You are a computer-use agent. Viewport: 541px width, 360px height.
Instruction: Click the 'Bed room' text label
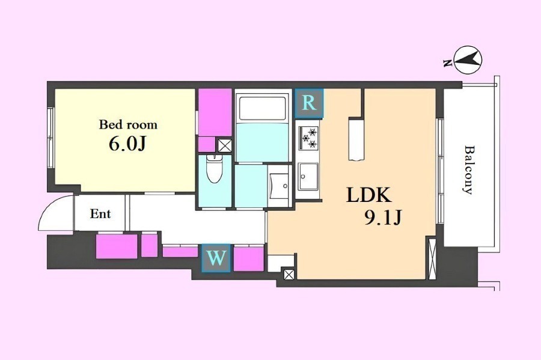[128, 124]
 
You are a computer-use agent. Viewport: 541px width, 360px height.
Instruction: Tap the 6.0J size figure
[127, 144]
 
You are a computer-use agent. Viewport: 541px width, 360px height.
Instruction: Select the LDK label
[369, 195]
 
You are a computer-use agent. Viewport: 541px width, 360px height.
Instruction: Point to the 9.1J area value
[383, 217]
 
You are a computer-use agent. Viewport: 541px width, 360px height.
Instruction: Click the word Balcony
[468, 170]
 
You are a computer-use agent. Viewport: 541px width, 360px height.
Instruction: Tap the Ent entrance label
[100, 214]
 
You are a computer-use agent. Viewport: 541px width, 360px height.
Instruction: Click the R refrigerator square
[309, 103]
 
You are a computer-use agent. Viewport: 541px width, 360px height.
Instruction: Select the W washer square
[216, 258]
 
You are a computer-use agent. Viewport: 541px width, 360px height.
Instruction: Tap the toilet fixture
[215, 169]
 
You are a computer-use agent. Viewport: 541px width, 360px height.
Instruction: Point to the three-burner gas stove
[308, 138]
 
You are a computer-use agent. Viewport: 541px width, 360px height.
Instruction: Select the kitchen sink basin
[308, 176]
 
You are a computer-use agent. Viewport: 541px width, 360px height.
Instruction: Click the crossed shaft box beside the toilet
[225, 145]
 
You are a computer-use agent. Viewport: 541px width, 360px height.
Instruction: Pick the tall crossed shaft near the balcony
[432, 258]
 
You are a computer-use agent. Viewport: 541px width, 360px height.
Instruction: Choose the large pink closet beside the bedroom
[215, 112]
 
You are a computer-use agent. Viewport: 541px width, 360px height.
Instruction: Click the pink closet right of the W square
[249, 259]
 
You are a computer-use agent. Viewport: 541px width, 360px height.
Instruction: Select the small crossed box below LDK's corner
[289, 275]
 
